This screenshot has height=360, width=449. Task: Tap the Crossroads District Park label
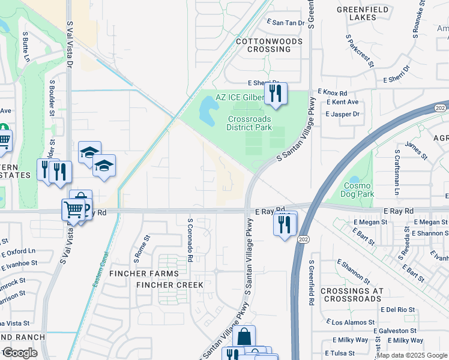(249, 123)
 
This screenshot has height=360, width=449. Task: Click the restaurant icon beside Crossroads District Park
(276, 94)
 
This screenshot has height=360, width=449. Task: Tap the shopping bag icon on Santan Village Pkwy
(244, 337)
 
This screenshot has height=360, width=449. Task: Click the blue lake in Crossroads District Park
(208, 109)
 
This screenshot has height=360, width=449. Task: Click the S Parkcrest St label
(360, 50)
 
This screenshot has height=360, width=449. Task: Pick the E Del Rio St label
(399, 310)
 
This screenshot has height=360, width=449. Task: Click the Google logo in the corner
(20, 353)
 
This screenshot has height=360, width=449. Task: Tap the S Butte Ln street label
(25, 47)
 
